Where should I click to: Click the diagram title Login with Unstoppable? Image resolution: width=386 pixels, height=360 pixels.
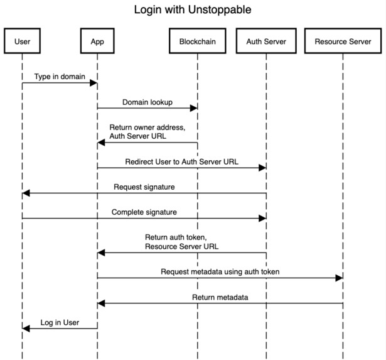click(193, 11)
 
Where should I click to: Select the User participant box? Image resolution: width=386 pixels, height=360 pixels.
click(22, 42)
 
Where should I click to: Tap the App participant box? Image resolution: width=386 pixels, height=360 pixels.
click(97, 42)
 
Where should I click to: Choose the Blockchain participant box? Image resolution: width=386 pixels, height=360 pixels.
click(197, 42)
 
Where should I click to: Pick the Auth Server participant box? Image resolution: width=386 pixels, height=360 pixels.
click(266, 42)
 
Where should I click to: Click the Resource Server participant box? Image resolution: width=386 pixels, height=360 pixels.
click(343, 42)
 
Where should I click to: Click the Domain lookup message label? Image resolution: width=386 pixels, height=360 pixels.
click(147, 102)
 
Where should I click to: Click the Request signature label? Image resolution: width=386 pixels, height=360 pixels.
click(144, 187)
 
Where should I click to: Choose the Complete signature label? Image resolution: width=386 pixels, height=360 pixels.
click(144, 212)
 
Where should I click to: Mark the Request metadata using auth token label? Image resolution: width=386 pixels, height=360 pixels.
click(220, 271)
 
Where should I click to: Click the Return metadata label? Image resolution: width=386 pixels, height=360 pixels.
click(220, 297)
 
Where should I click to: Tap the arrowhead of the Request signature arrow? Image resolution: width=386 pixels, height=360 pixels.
click(26, 194)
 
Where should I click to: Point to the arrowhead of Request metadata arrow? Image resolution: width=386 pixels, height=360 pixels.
click(339, 278)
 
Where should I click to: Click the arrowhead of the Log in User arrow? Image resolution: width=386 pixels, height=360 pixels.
click(26, 328)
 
